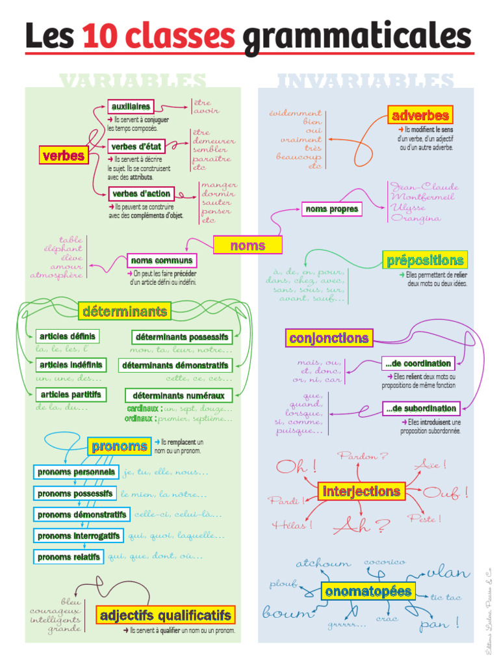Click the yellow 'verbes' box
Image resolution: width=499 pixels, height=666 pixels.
(x=64, y=155)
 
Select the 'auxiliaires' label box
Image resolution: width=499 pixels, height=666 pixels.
(x=131, y=106)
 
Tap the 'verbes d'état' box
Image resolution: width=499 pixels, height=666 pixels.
(x=136, y=146)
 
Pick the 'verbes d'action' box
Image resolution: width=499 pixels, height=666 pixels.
(x=142, y=193)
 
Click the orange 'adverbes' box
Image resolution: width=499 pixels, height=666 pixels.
(x=420, y=116)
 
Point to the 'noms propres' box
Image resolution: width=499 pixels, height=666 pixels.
(x=331, y=209)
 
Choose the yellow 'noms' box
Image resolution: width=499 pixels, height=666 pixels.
(x=248, y=245)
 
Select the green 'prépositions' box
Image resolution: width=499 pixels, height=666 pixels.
(x=425, y=260)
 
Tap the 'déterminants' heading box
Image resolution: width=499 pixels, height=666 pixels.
(x=125, y=312)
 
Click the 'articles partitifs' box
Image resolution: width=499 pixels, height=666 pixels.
(x=71, y=394)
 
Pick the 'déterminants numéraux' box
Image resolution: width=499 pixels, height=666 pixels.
(x=178, y=395)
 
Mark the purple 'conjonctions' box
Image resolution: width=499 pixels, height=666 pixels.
(x=329, y=338)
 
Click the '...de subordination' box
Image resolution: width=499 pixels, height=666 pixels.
(x=420, y=408)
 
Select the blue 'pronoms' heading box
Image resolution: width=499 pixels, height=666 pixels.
(x=120, y=446)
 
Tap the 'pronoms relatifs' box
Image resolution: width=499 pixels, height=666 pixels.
(x=69, y=557)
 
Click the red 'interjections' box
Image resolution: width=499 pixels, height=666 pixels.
(x=362, y=491)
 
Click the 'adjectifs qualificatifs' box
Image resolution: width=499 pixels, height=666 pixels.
(x=165, y=615)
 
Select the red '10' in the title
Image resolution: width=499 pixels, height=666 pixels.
(x=101, y=36)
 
